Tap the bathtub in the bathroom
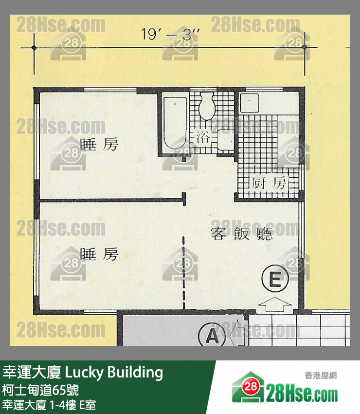coord(174,123)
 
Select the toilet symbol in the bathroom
coord(206,105)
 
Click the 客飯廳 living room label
coord(241,234)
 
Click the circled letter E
coord(274,280)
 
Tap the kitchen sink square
coord(250,103)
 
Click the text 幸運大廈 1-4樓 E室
coord(49,405)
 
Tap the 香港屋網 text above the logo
coord(321,375)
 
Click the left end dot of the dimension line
coord(34,48)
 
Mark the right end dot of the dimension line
coord(305,48)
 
